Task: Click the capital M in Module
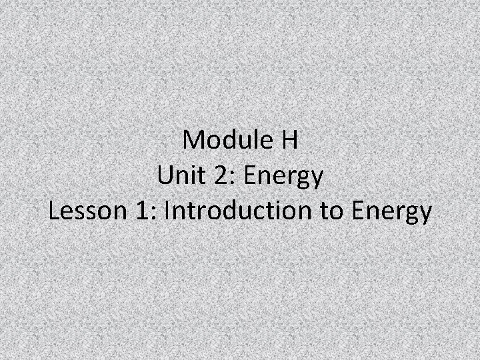point(195,141)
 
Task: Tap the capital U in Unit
point(166,177)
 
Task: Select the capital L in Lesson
point(55,212)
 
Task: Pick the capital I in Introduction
point(167,212)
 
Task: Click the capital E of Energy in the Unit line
point(250,177)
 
